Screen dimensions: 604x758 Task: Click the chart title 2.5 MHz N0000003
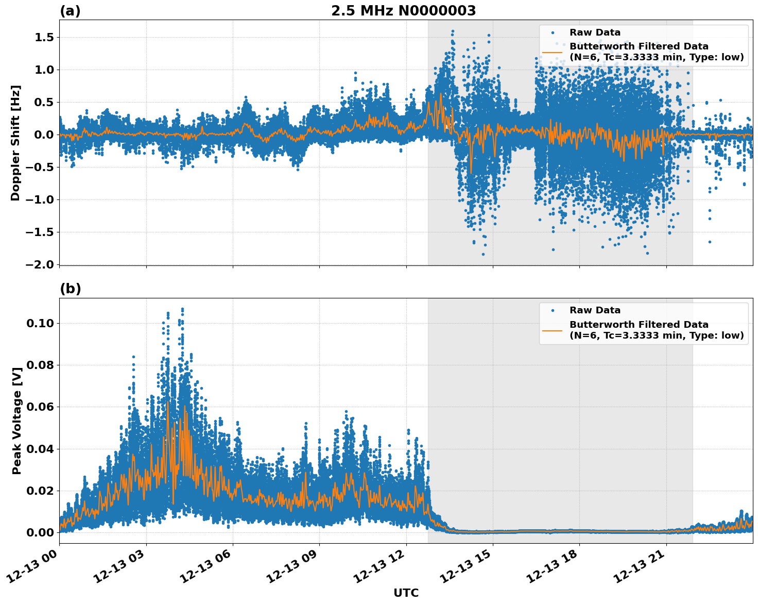pos(403,11)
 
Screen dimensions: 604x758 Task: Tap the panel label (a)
pos(70,11)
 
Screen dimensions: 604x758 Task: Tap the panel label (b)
pos(70,289)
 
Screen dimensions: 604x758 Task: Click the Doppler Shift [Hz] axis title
pos(15,143)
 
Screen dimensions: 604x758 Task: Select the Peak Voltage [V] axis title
pos(17,421)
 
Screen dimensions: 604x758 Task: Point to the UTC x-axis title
pos(406,593)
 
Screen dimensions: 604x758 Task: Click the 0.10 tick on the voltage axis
pos(41,324)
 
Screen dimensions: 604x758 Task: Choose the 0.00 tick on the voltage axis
pos(41,533)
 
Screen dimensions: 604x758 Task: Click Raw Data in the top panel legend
pos(595,32)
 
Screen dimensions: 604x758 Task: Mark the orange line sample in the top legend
pos(552,52)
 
